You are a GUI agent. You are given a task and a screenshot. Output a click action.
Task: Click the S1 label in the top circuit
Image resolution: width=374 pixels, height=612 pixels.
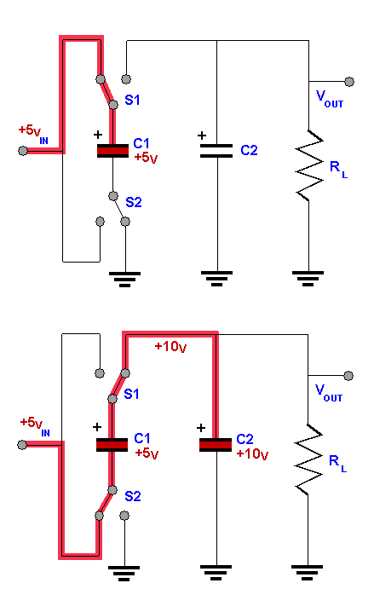click(x=132, y=100)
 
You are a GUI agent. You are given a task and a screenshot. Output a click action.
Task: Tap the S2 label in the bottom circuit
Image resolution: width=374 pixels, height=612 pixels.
click(x=133, y=496)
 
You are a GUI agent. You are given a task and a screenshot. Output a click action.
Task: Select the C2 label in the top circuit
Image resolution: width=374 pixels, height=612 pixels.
click(x=249, y=150)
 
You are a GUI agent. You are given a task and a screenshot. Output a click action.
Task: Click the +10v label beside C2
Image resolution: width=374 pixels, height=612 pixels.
click(x=252, y=454)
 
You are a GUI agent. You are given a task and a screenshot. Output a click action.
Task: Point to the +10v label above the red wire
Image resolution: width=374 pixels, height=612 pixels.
click(x=170, y=347)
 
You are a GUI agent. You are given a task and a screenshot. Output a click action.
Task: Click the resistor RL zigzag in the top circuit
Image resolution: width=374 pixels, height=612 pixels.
click(x=309, y=166)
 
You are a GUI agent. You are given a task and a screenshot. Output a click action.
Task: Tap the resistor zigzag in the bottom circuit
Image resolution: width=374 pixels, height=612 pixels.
click(x=308, y=459)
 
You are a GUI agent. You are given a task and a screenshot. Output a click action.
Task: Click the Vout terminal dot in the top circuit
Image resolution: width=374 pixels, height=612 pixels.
click(x=349, y=82)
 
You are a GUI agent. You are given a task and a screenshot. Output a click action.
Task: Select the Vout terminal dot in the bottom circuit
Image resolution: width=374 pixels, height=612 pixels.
click(x=348, y=376)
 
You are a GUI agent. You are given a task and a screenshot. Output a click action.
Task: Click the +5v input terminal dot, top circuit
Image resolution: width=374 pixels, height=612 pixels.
click(x=23, y=151)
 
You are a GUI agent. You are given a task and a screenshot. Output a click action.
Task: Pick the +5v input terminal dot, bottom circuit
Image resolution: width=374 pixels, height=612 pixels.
click(x=22, y=445)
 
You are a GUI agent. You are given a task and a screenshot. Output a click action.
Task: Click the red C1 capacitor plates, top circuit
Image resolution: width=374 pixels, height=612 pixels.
click(x=112, y=151)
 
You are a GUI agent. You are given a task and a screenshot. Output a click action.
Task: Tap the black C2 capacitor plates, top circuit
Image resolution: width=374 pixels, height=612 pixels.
click(x=216, y=151)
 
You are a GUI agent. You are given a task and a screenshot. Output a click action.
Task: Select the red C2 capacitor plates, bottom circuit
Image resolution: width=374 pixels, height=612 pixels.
click(x=216, y=445)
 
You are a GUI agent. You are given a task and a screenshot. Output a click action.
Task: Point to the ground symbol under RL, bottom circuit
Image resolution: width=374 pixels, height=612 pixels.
click(x=308, y=573)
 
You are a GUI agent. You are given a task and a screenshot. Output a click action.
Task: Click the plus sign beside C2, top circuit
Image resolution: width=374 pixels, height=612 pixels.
click(x=202, y=136)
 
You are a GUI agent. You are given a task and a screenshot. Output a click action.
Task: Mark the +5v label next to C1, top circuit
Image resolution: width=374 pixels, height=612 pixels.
click(x=146, y=158)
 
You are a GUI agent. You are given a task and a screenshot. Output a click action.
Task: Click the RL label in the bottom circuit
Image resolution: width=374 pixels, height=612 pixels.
click(x=337, y=464)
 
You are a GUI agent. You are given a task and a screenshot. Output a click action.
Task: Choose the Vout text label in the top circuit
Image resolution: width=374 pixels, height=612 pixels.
click(x=330, y=99)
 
